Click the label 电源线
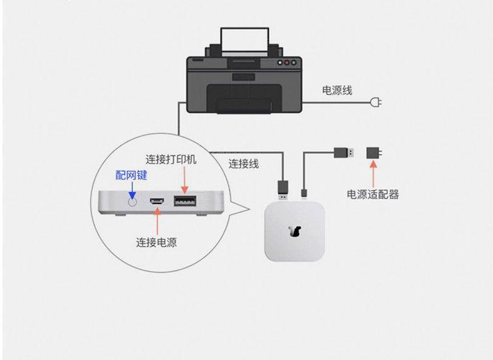point(337,91)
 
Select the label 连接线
point(244,164)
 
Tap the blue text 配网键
point(131,175)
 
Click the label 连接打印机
point(171,159)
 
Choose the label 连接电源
point(157,242)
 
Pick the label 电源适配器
point(373,194)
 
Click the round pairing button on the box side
point(131,201)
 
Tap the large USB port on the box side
point(183,201)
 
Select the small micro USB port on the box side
point(157,201)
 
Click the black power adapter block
point(374,152)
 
